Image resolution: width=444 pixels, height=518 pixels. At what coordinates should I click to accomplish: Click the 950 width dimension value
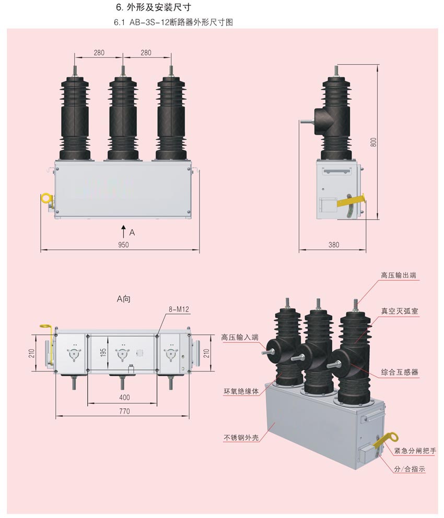(x=123, y=245)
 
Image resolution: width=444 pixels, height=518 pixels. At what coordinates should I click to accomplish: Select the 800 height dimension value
(x=373, y=141)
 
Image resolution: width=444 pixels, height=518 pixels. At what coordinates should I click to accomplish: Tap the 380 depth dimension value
(x=334, y=245)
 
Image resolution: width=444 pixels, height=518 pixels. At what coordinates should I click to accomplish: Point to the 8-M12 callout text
(x=179, y=309)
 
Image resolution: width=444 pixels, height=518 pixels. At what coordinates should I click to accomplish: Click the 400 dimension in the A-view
(x=124, y=397)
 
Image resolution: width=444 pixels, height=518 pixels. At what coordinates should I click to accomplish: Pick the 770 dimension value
(x=124, y=411)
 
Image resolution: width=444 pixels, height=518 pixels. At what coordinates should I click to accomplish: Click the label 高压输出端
(x=399, y=275)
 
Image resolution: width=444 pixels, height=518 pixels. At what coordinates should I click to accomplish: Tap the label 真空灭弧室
(x=399, y=311)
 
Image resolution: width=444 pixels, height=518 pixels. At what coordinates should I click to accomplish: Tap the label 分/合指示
(x=410, y=469)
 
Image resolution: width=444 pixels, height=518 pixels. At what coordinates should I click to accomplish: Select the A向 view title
(x=124, y=299)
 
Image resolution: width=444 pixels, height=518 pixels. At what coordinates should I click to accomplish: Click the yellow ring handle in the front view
(x=46, y=199)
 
